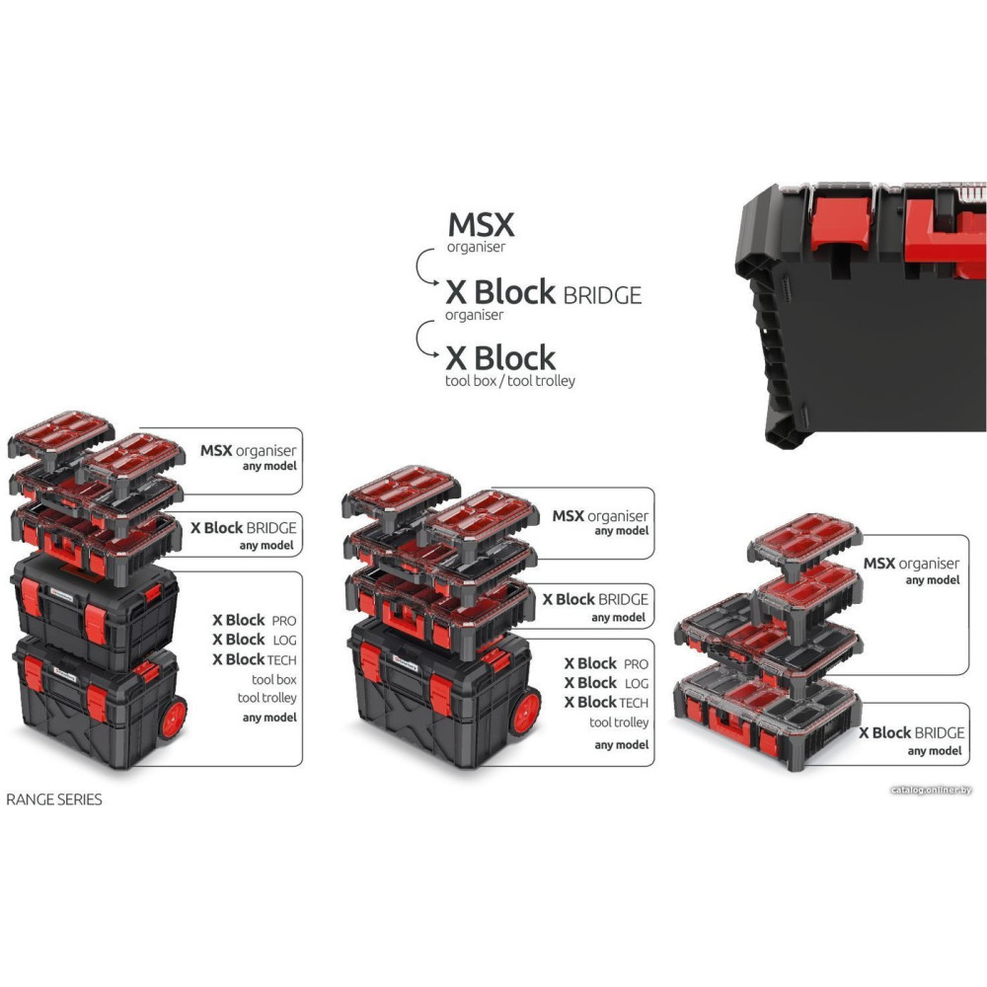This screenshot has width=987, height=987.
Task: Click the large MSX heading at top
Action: click(x=481, y=224)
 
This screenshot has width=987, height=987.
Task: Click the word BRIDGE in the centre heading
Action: click(x=601, y=294)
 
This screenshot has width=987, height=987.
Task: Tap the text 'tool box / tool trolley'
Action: click(x=509, y=381)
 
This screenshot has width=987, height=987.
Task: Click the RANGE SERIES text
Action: click(x=54, y=799)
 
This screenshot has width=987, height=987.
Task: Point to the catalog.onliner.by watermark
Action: click(x=931, y=791)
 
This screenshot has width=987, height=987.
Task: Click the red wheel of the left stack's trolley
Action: click(x=174, y=717)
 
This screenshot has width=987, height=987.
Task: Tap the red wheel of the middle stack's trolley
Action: click(x=526, y=712)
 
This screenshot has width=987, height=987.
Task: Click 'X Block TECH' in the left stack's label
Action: click(x=255, y=659)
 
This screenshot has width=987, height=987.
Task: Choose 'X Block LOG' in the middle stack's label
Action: click(x=605, y=683)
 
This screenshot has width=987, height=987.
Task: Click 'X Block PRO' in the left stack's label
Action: click(x=253, y=620)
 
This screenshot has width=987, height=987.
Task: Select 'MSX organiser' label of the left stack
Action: click(x=248, y=450)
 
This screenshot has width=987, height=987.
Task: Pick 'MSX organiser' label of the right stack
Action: click(x=911, y=564)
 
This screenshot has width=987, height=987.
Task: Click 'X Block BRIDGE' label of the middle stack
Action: click(x=595, y=599)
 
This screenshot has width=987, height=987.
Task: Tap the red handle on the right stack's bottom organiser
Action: click(x=731, y=731)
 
